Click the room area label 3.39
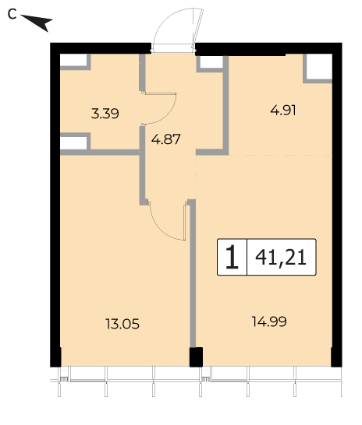click(105, 114)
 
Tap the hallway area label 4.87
click(165, 139)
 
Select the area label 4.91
click(283, 111)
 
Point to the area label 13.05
click(122, 324)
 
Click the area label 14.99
click(269, 321)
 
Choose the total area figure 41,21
click(281, 257)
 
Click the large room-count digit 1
click(232, 257)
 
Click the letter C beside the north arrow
click(12, 14)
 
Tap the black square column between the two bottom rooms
click(196, 357)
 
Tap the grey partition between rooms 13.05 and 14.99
click(193, 274)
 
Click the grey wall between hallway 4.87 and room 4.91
click(225, 104)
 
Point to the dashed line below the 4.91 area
click(280, 155)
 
